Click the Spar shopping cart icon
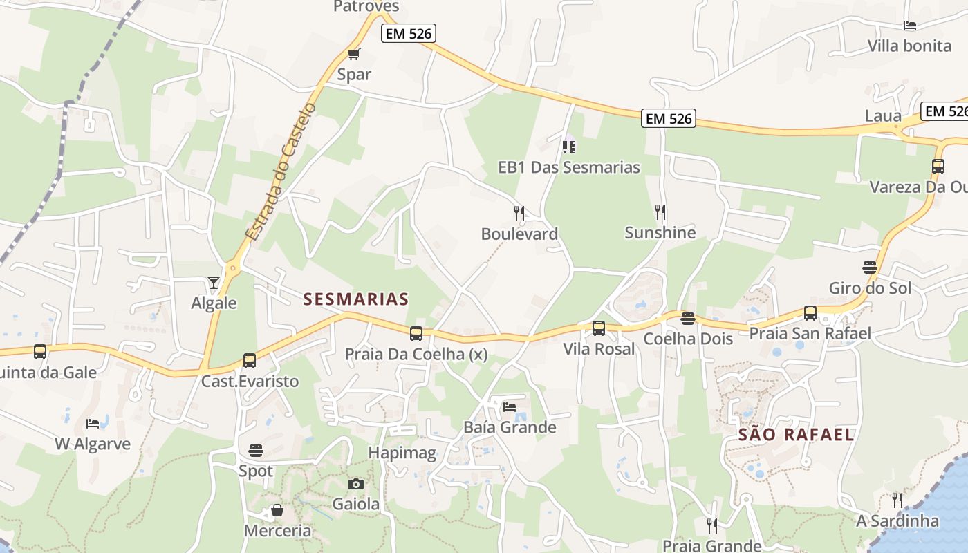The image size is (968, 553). coord(354,54)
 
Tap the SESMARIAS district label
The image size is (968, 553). coord(356,299)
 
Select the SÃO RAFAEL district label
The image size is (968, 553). coord(796,435)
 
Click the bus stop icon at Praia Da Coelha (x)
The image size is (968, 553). coord(416,334)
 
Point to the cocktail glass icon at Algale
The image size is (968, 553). coord(213,283)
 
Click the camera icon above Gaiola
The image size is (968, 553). coord(356,484)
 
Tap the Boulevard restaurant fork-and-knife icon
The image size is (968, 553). coord(519,213)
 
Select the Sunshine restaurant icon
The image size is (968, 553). coord(660,212)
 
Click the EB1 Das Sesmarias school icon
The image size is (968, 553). coord(569,147)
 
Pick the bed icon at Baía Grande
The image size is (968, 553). coord(510,406)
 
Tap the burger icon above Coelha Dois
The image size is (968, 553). coord(687,319)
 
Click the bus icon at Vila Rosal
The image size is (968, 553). coord(599,328)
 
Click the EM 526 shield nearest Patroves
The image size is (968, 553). coord(409,33)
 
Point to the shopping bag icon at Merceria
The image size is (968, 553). coord(277,511)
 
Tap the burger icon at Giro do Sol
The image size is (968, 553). coord(870,268)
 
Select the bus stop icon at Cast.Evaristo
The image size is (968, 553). coord(250,361)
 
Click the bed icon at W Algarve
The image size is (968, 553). coord(93,423)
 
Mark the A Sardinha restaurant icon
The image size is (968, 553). coord(897,500)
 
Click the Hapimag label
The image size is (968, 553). coord(402,453)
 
